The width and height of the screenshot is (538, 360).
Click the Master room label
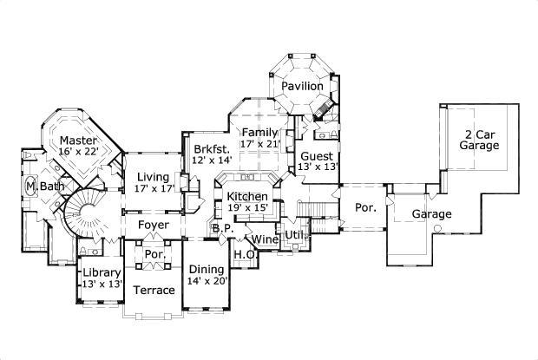tap(77, 140)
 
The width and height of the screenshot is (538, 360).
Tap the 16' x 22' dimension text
tap(77, 152)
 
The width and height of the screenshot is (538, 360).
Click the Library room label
tap(101, 272)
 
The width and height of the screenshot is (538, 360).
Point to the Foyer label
tap(153, 225)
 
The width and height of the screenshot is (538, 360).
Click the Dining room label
tap(206, 269)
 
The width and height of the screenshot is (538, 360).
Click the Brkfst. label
tap(211, 147)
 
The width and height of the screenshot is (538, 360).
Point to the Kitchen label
tap(248, 197)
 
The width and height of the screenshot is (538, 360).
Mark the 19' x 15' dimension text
tap(248, 209)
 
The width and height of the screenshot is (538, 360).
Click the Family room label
tap(259, 132)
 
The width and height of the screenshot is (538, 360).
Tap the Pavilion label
tap(302, 87)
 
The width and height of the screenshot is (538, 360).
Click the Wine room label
tap(265, 239)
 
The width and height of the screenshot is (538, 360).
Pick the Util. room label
tap(295, 234)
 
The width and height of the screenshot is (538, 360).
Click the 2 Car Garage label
tap(480, 141)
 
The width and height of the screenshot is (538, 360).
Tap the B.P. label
tap(221, 229)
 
